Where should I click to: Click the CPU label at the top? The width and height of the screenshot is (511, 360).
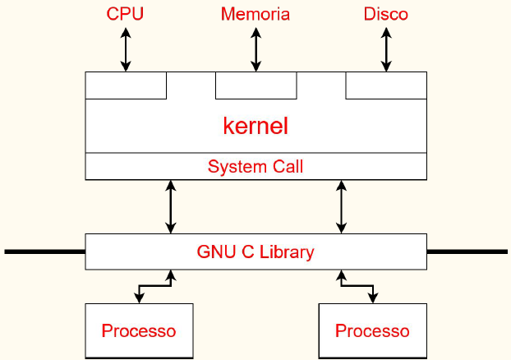126,14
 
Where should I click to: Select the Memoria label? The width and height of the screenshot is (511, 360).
255,14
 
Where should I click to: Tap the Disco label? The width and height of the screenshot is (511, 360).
385,14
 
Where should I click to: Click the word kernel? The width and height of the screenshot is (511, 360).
255,127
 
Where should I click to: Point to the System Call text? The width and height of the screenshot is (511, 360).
255,167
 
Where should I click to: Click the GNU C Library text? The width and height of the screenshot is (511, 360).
255,252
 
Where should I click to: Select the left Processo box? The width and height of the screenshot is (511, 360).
139,331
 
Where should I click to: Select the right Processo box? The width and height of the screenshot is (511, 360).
372,331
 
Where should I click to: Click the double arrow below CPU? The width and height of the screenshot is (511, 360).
126,48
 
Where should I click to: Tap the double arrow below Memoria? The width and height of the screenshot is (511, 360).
255,48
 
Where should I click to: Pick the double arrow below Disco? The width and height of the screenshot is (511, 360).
385,48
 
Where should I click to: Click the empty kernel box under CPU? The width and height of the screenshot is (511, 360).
126,85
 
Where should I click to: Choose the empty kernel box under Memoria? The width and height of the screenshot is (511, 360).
255,85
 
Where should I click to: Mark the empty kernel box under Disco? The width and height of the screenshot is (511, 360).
385,85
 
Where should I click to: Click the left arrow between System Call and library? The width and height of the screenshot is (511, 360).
171,206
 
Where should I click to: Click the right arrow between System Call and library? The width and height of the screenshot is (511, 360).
341,206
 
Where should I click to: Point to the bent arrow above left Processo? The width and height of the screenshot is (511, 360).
154,286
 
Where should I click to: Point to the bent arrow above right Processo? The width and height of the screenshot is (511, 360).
357,286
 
